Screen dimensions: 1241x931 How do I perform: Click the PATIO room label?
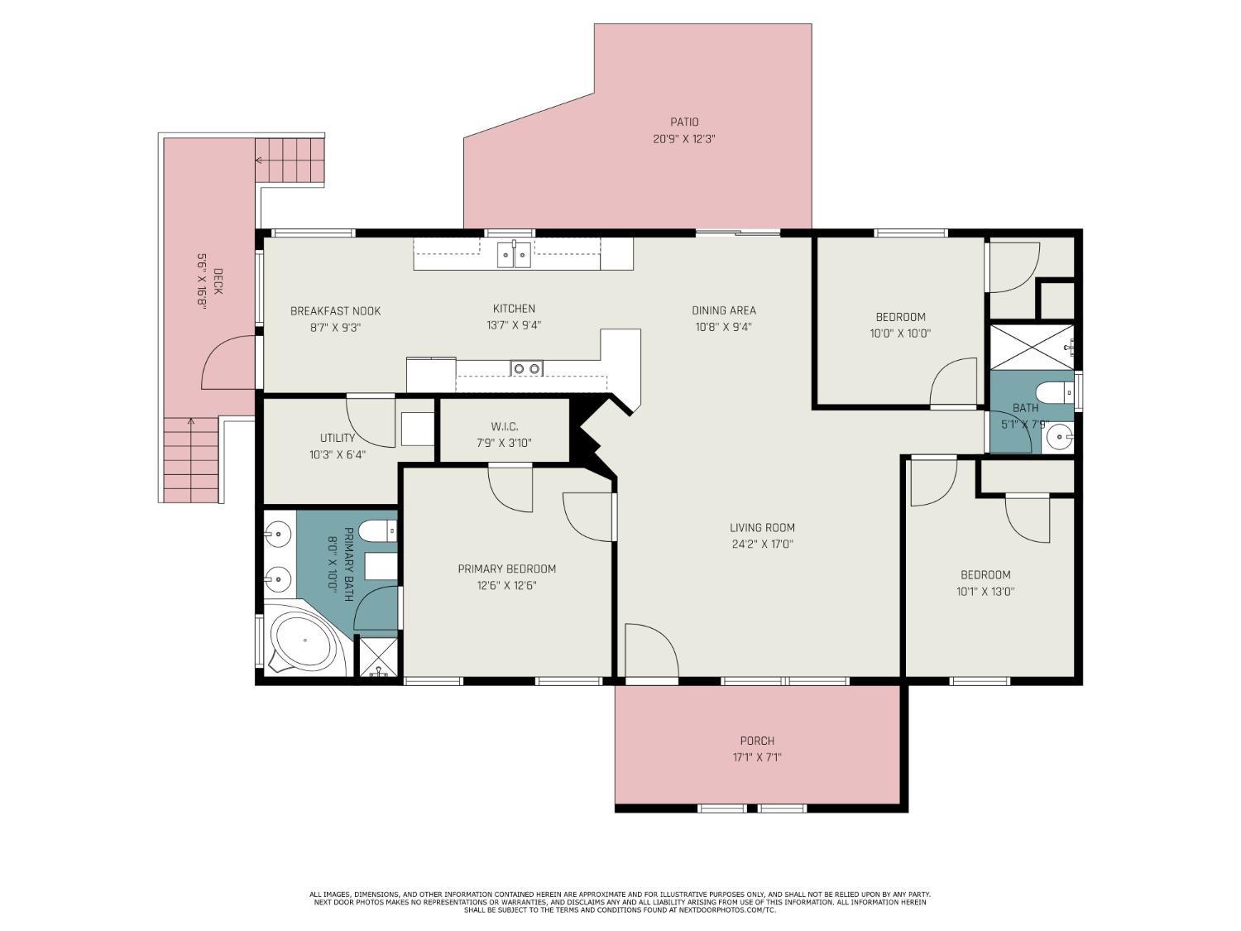click(684, 122)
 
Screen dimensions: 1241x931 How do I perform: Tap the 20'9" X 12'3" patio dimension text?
click(684, 138)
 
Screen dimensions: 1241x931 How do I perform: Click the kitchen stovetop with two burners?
click(527, 368)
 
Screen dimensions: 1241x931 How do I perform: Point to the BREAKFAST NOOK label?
click(335, 311)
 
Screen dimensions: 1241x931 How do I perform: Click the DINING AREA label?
click(724, 310)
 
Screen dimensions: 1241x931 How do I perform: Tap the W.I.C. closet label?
click(505, 427)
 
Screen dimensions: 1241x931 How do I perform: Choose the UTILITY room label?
click(338, 438)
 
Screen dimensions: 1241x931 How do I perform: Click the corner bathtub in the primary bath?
click(304, 641)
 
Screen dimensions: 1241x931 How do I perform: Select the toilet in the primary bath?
click(378, 530)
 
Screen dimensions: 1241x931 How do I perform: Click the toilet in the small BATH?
click(1055, 391)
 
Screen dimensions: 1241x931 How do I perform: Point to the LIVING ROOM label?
click(762, 527)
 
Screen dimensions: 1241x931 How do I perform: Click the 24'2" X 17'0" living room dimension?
click(762, 545)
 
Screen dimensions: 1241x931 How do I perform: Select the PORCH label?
click(757, 741)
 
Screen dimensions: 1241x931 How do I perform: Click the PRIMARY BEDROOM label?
click(506, 569)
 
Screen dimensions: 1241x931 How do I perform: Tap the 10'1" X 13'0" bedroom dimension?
click(985, 592)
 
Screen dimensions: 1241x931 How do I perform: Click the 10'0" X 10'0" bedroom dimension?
click(900, 334)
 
